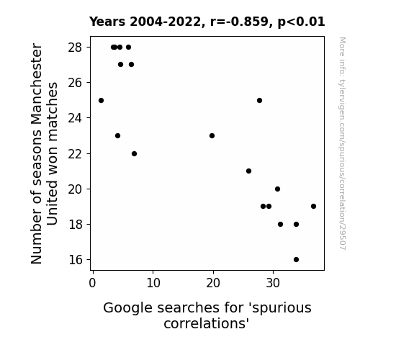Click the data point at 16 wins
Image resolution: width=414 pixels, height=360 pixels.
(296, 259)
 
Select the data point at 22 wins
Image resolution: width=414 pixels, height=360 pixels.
(134, 153)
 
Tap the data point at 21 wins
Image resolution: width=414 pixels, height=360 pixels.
(248, 171)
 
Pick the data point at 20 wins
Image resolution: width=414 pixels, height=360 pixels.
(277, 189)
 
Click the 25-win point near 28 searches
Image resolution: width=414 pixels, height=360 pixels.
(259, 100)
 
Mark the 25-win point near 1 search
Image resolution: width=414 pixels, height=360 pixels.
(101, 100)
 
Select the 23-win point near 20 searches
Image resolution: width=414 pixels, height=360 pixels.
(212, 135)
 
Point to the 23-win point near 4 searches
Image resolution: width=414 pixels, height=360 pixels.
(117, 135)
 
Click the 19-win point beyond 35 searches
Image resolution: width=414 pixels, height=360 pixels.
(313, 206)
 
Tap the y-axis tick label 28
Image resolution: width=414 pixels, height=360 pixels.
(76, 48)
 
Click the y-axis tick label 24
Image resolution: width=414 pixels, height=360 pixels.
(76, 118)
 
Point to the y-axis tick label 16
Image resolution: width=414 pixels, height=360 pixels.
(76, 260)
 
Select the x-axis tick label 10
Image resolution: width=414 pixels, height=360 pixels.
(153, 283)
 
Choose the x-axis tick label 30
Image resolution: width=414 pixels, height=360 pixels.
(273, 283)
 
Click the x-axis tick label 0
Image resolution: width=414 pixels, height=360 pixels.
(92, 283)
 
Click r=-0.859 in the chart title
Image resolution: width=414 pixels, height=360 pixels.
(240, 22)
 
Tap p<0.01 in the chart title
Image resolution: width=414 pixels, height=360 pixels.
(301, 22)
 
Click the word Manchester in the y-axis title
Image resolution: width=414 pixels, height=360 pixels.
(36, 84)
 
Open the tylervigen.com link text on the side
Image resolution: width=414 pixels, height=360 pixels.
(342, 143)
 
